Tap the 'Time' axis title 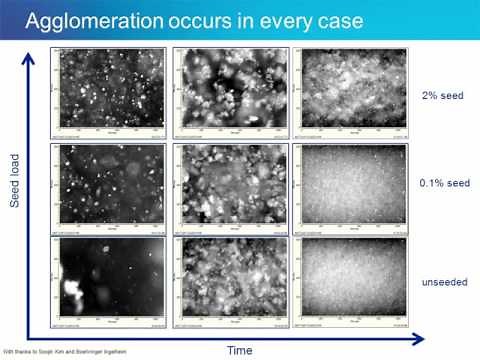[x=239, y=350]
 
